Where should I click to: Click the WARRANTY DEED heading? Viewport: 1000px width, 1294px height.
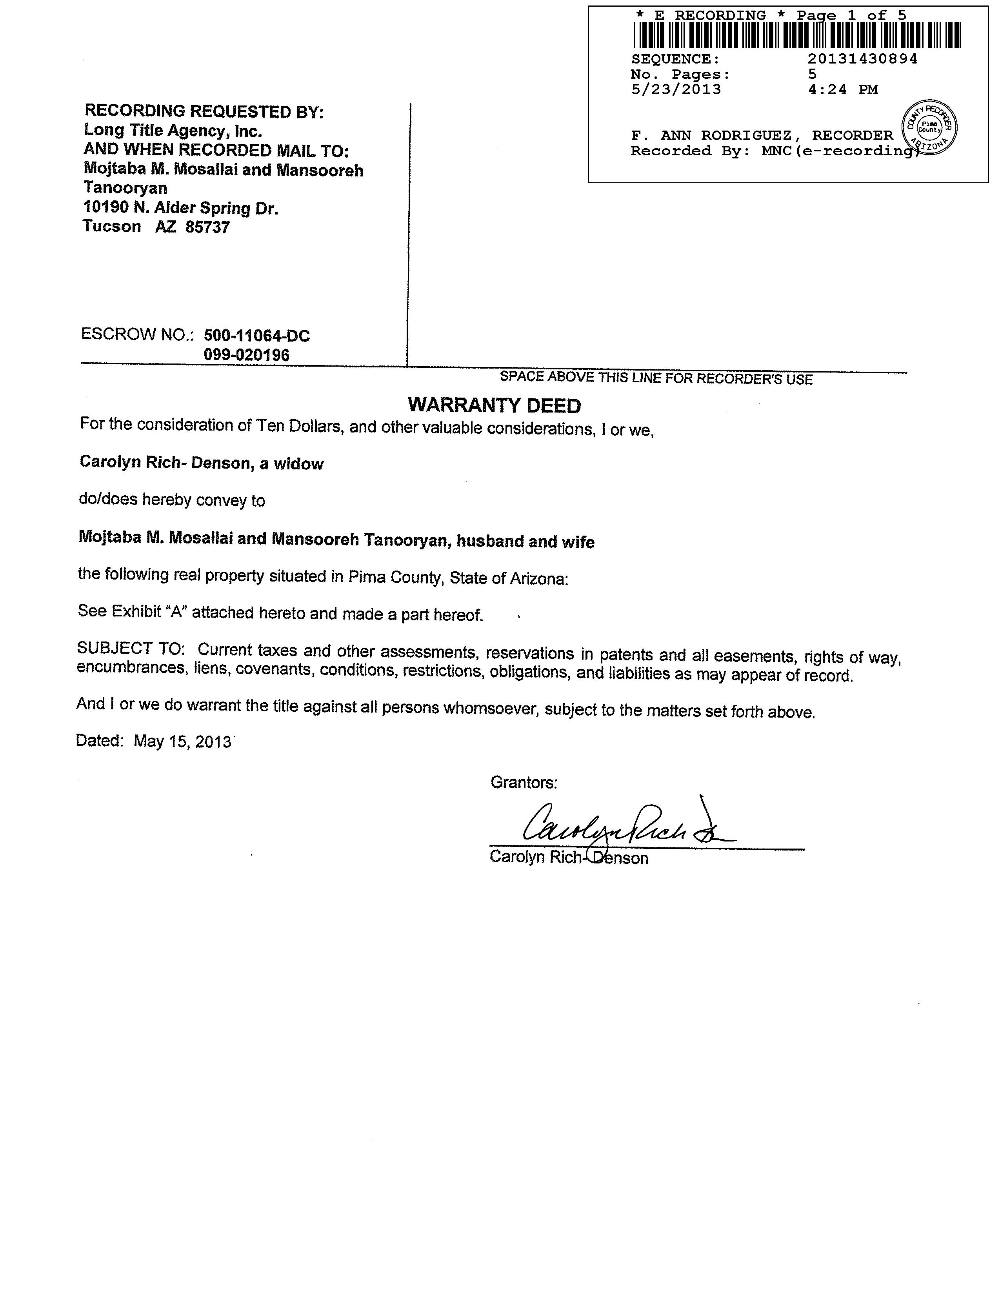click(494, 406)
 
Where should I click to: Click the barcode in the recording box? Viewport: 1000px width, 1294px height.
click(797, 35)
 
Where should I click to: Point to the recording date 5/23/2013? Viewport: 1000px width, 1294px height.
click(676, 89)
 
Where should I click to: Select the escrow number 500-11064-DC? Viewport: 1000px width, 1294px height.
click(256, 336)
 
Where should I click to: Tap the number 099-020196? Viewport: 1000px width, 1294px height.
click(246, 355)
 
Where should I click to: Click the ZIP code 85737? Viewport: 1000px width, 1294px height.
click(207, 227)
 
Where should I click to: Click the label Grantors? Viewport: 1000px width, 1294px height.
click(524, 783)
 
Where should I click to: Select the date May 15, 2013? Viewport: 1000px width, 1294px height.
click(182, 741)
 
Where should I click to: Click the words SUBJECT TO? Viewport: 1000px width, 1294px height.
click(131, 648)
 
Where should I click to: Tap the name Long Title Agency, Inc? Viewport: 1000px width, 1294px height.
click(173, 130)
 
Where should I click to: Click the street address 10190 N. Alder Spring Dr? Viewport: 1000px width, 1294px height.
click(181, 208)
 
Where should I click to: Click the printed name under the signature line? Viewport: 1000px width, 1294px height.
click(569, 858)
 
